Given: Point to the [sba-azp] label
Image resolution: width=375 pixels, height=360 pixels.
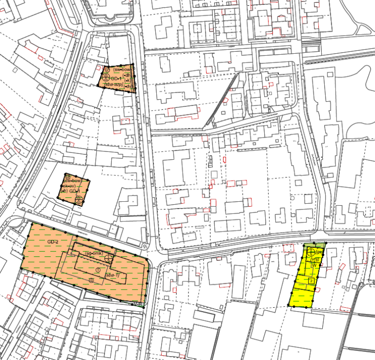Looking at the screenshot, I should click(114, 85).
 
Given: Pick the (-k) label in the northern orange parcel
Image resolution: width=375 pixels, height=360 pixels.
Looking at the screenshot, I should click(127, 81).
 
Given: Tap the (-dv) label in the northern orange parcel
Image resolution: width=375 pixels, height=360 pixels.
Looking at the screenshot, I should click(127, 86).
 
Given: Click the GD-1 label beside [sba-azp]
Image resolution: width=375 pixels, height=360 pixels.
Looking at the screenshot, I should click(116, 79).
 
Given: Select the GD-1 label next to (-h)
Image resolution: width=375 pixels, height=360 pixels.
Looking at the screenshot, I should click(75, 191).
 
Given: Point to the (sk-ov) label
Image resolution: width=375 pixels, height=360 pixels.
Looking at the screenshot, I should click(69, 186).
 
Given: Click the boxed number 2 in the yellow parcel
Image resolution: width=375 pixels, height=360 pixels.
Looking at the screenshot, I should click(311, 281).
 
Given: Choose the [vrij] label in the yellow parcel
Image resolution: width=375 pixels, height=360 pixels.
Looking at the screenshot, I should click(315, 259).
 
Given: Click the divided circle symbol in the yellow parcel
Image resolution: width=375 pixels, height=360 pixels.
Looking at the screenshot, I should click(311, 253).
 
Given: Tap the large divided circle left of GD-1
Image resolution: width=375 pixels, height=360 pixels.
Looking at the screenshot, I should click(105, 78).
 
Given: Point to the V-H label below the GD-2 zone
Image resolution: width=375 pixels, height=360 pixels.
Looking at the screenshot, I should click(139, 304).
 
